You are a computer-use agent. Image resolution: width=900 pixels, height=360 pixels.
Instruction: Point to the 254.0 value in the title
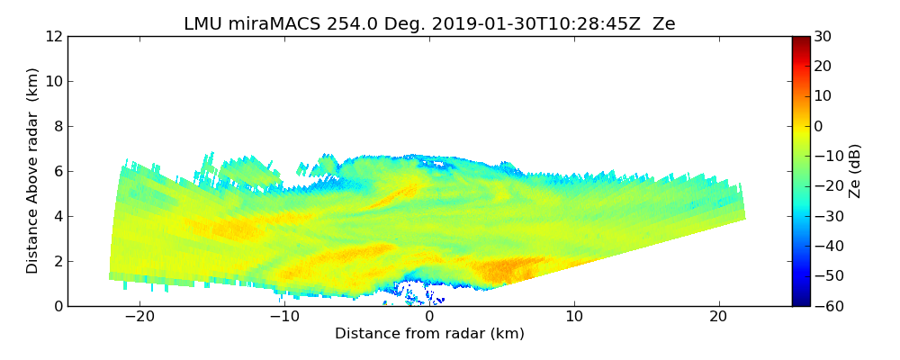tap(337, 24)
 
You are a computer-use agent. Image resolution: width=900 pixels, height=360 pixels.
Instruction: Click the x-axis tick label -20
tap(139, 317)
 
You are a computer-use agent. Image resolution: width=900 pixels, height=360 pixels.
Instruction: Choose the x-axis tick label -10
tap(284, 317)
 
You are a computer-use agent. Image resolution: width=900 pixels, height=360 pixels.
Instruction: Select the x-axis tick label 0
tap(429, 317)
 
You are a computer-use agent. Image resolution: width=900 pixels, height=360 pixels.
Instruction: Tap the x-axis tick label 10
tap(574, 317)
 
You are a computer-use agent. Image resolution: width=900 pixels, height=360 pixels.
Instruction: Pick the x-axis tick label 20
tap(718, 317)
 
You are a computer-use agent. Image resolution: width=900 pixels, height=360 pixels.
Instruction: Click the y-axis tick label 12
tap(53, 36)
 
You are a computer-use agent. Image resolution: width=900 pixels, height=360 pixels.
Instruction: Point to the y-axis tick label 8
tap(57, 126)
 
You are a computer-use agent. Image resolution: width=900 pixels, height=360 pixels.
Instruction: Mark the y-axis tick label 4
tap(57, 216)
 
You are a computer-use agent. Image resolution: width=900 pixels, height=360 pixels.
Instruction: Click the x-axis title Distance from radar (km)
tap(429, 334)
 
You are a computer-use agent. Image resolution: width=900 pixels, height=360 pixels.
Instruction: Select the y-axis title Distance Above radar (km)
tap(32, 171)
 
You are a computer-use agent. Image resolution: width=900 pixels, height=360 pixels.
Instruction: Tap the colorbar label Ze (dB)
tap(855, 171)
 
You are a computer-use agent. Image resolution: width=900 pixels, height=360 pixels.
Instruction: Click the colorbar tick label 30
tap(823, 36)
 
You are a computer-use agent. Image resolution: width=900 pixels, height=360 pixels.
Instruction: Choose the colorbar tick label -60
tap(826, 306)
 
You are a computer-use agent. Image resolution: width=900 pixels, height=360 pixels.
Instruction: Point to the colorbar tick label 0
tap(819, 126)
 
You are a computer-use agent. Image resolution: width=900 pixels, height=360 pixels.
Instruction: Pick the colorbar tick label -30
tap(826, 216)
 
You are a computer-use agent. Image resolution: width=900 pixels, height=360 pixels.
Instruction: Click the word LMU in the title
tap(203, 24)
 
